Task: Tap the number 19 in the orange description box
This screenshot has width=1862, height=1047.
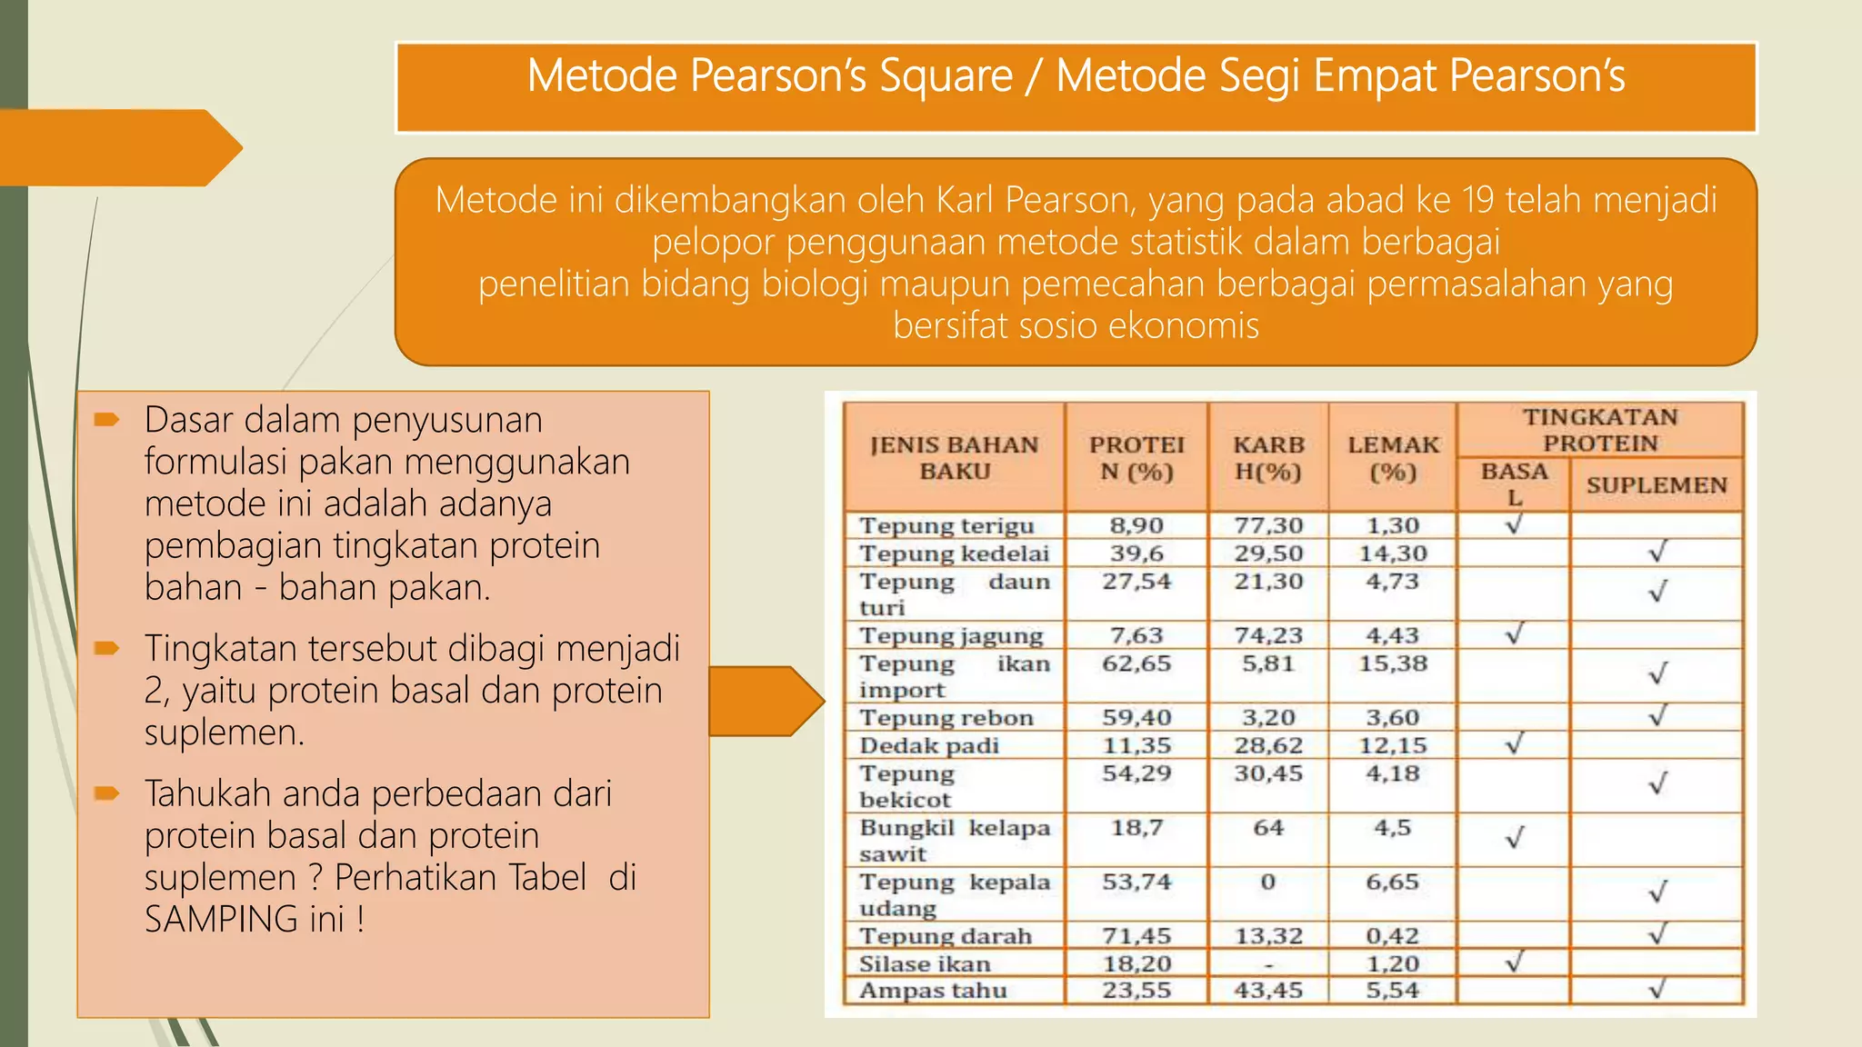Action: (1477, 200)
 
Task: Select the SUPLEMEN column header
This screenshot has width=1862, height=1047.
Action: (1657, 485)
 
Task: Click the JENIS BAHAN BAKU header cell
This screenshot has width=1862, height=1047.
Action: (954, 458)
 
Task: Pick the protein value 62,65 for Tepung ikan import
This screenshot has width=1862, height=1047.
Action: (1136, 663)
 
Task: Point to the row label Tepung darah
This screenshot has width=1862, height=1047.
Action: (946, 936)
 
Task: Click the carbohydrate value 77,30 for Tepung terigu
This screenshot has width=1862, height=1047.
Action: (1268, 525)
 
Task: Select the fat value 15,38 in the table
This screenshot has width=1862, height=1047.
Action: (1393, 663)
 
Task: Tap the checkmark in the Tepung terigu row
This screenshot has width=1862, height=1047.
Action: (1514, 524)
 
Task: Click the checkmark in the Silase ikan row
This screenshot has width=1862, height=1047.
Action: (1514, 962)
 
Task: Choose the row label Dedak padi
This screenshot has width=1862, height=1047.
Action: (929, 746)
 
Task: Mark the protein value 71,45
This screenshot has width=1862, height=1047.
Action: (1136, 936)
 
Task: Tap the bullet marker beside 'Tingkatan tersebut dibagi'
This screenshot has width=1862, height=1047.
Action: (106, 648)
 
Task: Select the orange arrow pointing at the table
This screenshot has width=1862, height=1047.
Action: (766, 701)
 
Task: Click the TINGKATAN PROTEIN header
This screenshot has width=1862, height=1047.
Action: (1600, 430)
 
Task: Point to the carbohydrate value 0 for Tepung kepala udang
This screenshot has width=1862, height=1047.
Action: (1268, 882)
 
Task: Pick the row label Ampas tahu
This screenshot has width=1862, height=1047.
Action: (933, 991)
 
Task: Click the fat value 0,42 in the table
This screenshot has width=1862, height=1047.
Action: (1393, 936)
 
